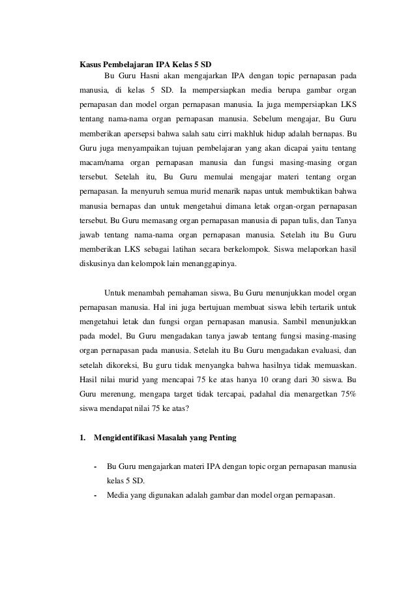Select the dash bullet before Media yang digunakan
tap(96, 494)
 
